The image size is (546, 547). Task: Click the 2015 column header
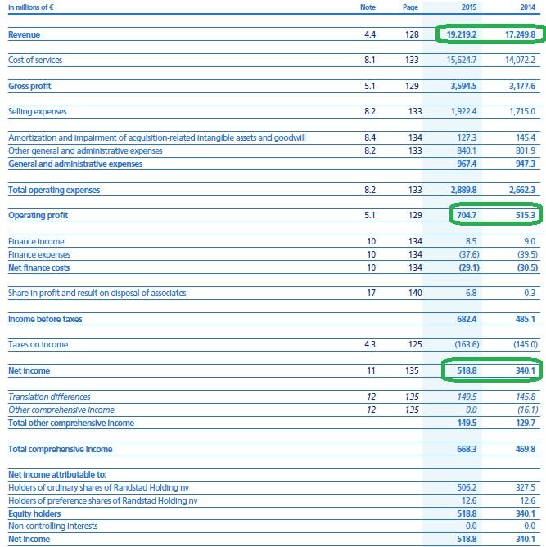tap(468, 7)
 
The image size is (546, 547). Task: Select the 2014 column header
tap(527, 7)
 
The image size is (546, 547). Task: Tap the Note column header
tap(368, 7)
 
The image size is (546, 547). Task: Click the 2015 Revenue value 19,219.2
tap(462, 34)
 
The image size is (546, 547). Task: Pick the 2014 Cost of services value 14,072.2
tap(520, 60)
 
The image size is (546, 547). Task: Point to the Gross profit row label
tap(29, 86)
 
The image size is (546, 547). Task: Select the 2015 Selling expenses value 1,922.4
tap(463, 112)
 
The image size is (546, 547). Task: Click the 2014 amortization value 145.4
tap(526, 137)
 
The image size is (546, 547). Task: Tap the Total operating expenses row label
tap(54, 191)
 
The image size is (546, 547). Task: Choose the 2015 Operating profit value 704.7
tap(467, 215)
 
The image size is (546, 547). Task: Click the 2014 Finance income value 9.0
tap(530, 241)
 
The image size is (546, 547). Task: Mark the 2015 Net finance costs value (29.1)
tap(469, 267)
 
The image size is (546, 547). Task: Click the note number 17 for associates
tap(371, 293)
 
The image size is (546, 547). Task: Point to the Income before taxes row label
tap(45, 319)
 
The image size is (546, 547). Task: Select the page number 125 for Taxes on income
tap(415, 345)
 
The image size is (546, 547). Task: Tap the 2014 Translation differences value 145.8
tap(526, 397)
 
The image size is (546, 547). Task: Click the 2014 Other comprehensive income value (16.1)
tap(527, 410)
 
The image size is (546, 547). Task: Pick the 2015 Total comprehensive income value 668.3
tap(467, 449)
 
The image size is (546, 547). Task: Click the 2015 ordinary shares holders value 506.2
tap(467, 487)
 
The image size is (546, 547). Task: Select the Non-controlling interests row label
tap(53, 526)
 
